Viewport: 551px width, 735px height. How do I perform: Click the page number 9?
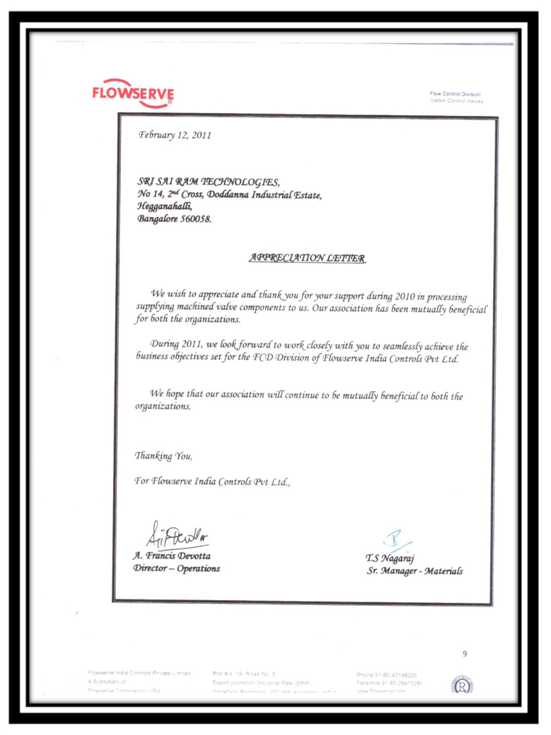(464, 654)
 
